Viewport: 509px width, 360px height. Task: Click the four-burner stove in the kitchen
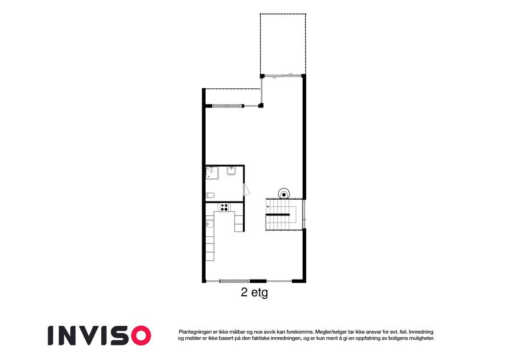point(224,207)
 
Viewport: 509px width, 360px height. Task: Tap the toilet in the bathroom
point(210,195)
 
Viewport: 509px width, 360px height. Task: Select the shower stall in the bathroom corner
point(212,173)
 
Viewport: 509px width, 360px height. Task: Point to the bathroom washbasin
point(231,170)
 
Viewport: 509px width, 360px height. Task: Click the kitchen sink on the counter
point(209,224)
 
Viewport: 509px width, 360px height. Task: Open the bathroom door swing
point(246,190)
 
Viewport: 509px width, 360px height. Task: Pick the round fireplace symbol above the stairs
point(284,194)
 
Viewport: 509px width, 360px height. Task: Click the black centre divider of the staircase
point(278,215)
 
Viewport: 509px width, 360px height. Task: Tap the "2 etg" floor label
point(254,292)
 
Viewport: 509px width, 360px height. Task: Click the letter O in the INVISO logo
point(141,335)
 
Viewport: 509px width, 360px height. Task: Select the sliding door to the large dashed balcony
point(282,76)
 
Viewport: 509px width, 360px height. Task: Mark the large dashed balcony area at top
point(283,44)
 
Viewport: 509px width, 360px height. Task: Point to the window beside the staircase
point(304,214)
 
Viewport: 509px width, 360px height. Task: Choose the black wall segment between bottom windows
point(258,281)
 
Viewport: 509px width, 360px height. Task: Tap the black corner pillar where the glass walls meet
point(261,105)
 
